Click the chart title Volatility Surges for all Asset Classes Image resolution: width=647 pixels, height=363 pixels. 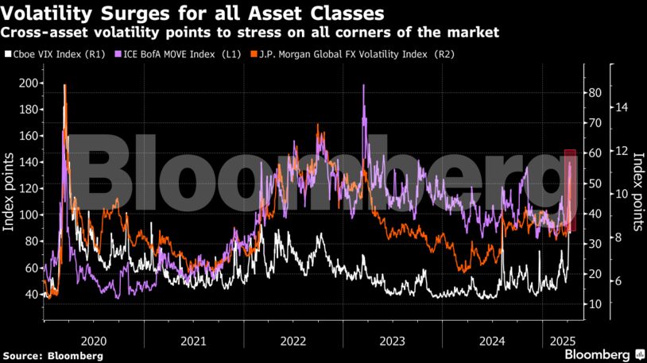194,14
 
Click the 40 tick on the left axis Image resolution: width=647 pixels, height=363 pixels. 32,294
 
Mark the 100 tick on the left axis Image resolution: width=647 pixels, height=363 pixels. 29,214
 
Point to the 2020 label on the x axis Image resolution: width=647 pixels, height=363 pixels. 94,341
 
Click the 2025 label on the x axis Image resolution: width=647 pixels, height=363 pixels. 562,341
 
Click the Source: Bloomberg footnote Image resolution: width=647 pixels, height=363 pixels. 52,355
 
